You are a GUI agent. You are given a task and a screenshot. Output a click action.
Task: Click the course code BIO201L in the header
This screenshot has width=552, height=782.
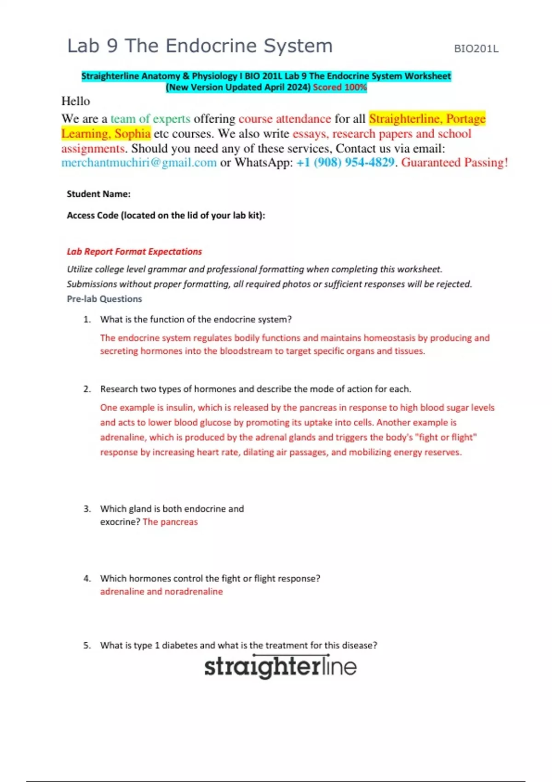coord(476,49)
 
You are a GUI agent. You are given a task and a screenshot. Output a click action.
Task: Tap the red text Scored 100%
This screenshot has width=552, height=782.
coord(339,87)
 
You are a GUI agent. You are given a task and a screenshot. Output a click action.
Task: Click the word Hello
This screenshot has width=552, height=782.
coord(76,101)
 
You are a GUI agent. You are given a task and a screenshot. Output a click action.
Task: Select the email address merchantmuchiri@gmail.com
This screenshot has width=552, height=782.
coord(139,163)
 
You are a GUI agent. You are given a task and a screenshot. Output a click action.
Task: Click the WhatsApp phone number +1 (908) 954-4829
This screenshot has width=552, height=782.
coord(345,163)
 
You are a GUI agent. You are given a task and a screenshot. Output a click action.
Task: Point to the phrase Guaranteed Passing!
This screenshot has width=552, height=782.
coord(454,163)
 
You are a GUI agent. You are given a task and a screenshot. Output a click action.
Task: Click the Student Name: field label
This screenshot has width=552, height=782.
coord(98,194)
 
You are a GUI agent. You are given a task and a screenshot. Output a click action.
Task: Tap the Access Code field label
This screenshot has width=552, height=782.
coord(166,215)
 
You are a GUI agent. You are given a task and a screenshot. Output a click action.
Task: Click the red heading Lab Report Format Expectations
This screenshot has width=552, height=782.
coord(134,252)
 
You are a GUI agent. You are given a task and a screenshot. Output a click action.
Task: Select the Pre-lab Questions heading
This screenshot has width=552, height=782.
coord(104,299)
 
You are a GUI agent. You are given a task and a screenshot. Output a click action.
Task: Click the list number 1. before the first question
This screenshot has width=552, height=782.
coord(87,320)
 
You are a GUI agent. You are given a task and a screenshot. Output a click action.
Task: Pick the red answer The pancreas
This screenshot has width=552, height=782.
coord(170,522)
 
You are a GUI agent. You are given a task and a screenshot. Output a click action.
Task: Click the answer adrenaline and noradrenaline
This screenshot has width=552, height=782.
coord(161,592)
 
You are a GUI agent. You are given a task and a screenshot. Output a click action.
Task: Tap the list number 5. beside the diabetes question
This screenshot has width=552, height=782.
coord(87,645)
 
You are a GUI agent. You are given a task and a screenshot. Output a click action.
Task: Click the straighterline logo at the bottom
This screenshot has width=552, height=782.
coord(280,667)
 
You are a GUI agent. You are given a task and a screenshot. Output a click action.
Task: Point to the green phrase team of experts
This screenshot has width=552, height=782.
coord(150,119)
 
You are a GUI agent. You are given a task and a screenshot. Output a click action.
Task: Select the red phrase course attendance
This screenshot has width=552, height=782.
coord(285,119)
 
